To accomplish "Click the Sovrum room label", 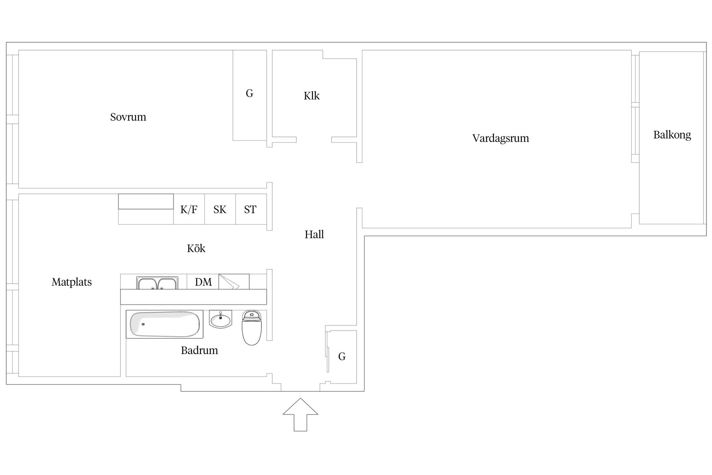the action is [128, 117].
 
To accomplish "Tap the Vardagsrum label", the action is [501, 138].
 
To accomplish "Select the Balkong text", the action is [672, 135].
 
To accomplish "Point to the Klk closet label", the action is [311, 96].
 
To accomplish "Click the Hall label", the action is [314, 235].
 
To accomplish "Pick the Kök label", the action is [196, 248].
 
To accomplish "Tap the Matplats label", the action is [72, 282].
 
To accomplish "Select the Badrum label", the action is [199, 350].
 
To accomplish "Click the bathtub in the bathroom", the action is [165, 324].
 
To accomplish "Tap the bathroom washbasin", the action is [221, 319].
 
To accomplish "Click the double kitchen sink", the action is [157, 283].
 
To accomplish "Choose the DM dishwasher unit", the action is [203, 282].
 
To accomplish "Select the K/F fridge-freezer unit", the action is [189, 209].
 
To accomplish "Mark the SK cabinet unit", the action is [220, 209].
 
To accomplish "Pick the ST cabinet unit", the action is [251, 209].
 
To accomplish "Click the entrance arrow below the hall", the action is [300, 415].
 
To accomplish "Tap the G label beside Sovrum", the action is [250, 93].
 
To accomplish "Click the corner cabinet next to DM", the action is [234, 282].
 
